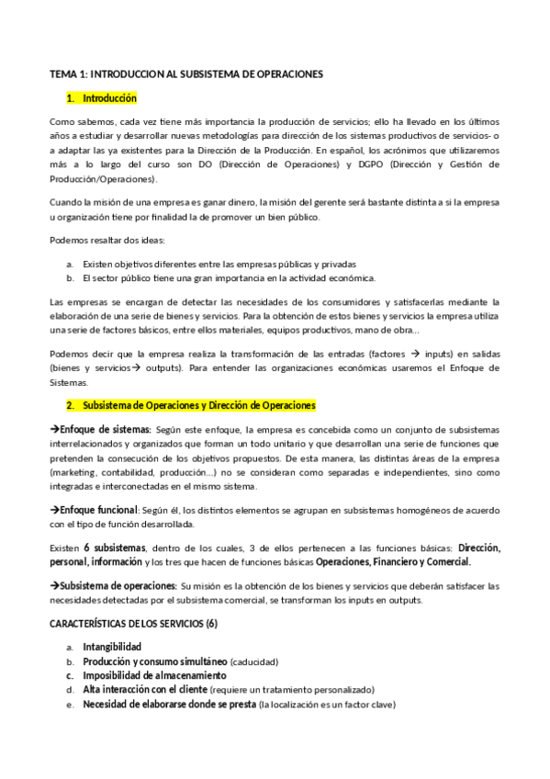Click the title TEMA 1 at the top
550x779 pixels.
[185, 73]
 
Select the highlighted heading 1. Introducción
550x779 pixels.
[102, 97]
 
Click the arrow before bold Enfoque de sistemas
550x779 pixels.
[53, 429]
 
